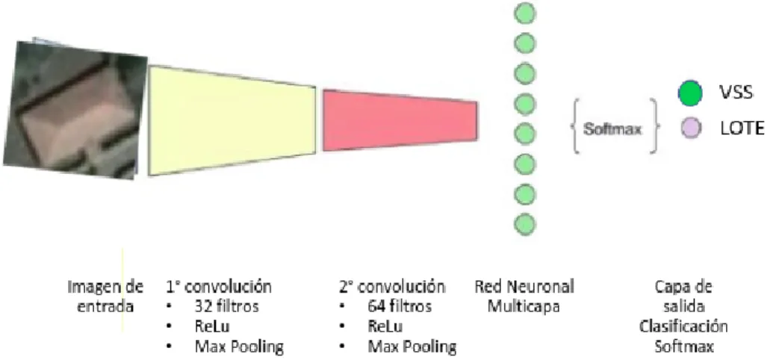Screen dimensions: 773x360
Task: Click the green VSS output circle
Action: click(x=690, y=93)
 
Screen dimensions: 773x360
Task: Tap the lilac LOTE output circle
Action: click(x=691, y=128)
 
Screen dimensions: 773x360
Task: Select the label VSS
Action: click(x=736, y=92)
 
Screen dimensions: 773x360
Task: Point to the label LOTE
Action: click(x=742, y=128)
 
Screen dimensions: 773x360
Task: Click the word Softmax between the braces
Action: click(x=612, y=129)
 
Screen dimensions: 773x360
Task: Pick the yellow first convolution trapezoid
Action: click(x=232, y=120)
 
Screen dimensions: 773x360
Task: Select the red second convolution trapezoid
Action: click(x=400, y=120)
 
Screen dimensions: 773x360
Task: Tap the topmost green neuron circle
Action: click(x=524, y=13)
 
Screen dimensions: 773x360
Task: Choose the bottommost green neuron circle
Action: click(x=524, y=224)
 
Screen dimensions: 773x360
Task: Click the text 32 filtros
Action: click(x=226, y=306)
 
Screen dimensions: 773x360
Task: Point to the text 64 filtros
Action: click(x=400, y=306)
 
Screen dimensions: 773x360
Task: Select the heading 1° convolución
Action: click(x=218, y=287)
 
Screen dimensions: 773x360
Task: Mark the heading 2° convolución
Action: click(x=392, y=287)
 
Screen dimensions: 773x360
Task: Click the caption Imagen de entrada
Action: click(x=105, y=297)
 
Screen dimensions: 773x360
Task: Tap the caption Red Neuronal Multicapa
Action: click(x=524, y=297)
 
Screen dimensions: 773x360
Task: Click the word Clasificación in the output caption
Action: click(x=683, y=326)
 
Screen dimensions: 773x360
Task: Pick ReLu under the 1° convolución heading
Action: click(x=212, y=326)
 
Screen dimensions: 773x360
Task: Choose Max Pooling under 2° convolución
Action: click(x=412, y=347)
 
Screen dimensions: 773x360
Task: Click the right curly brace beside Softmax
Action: click(x=655, y=125)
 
